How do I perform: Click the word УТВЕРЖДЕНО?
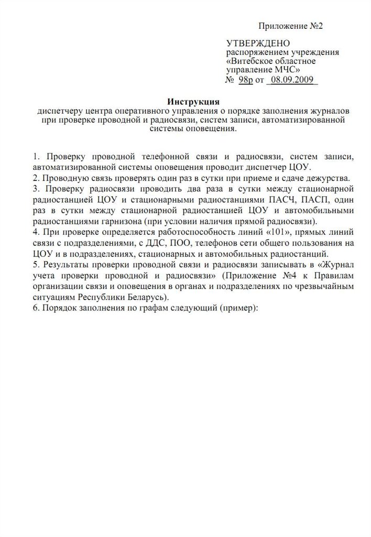[x=257, y=43]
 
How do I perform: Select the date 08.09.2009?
[x=292, y=80]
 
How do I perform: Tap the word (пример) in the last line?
[x=238, y=307]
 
